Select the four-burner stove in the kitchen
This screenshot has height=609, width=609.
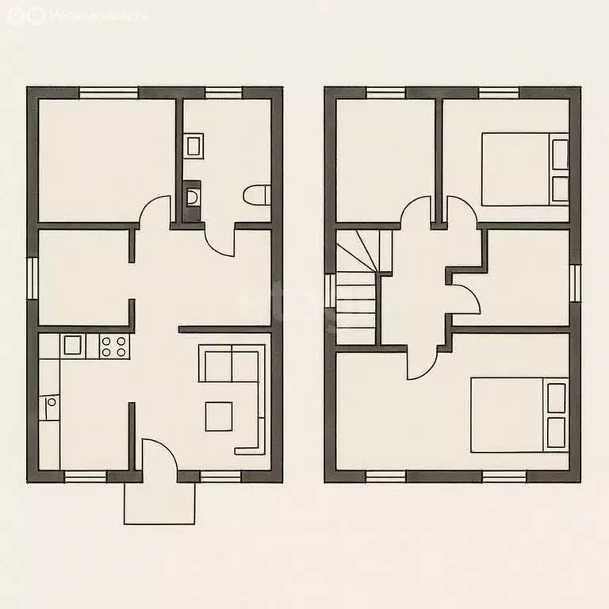coord(113,345)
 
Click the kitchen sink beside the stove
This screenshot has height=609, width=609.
coord(72,345)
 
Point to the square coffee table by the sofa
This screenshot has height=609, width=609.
coord(219,416)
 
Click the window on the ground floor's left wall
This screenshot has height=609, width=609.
coord(33,278)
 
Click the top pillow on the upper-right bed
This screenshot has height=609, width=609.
coord(560,153)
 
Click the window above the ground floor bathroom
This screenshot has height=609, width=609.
coord(224,92)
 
